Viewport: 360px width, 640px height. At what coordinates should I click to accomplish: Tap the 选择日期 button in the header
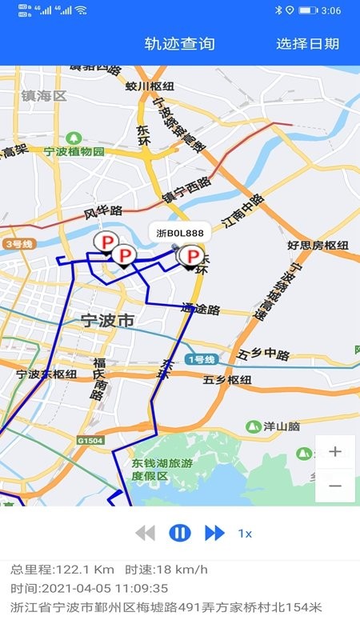pyautogui.click(x=307, y=44)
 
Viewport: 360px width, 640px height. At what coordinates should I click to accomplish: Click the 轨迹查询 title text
pyautogui.click(x=180, y=44)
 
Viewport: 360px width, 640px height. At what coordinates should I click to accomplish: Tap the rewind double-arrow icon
pyautogui.click(x=145, y=533)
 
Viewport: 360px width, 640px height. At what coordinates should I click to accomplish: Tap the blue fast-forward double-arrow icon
pyautogui.click(x=214, y=533)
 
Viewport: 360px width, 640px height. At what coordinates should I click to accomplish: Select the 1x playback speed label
pyautogui.click(x=246, y=534)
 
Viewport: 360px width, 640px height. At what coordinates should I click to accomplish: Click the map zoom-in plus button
pyautogui.click(x=335, y=451)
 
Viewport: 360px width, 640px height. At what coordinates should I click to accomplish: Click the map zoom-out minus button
pyautogui.click(x=335, y=486)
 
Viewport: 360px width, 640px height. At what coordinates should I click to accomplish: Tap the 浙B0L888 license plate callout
pyautogui.click(x=179, y=232)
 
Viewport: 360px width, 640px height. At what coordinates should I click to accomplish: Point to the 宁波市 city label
pyautogui.click(x=108, y=322)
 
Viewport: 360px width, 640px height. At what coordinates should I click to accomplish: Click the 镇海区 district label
pyautogui.click(x=44, y=97)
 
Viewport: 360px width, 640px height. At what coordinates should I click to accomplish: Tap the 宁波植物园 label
pyautogui.click(x=74, y=152)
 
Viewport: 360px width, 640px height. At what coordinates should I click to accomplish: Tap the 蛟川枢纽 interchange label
pyautogui.click(x=150, y=86)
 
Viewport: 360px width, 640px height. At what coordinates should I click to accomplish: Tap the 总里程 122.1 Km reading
pyautogui.click(x=62, y=570)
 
